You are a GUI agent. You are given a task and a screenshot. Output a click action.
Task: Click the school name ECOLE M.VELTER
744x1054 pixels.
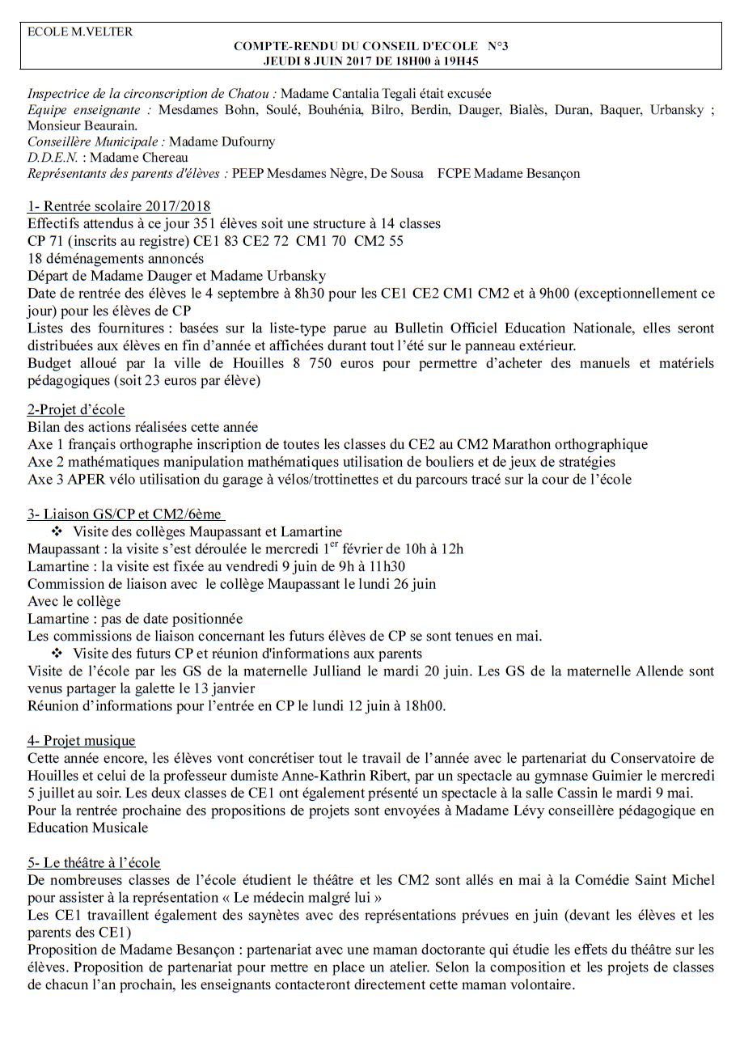click(80, 32)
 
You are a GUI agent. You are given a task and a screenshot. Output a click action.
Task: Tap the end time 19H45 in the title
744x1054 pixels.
click(460, 60)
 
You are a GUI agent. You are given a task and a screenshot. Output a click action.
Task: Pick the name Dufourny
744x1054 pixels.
click(246, 142)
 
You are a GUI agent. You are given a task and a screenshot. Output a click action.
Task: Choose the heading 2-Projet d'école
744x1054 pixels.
click(76, 409)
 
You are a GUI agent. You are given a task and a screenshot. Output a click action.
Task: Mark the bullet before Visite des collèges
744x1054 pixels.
click(57, 531)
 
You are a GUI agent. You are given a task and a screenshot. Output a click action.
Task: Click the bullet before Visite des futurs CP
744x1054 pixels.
click(57, 653)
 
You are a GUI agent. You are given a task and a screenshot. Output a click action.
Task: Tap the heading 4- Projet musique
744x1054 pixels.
click(81, 740)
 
